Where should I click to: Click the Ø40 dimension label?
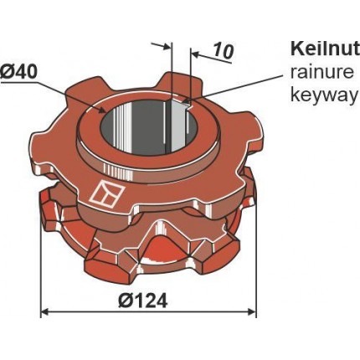tap(18, 73)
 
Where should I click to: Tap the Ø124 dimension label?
tap(142, 301)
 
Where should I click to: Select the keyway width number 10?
tap(223, 51)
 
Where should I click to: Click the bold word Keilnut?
tap(325, 49)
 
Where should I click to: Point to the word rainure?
tap(322, 73)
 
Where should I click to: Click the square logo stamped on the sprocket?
tap(107, 193)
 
